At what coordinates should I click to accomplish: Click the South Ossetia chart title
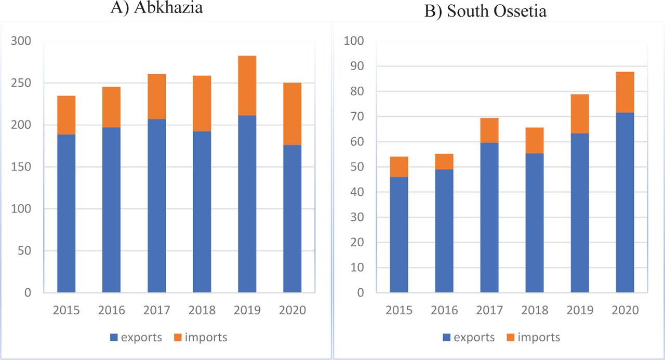(x=485, y=11)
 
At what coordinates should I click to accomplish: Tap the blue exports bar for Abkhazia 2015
(x=66, y=213)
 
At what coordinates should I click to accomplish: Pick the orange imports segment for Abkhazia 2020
(x=292, y=114)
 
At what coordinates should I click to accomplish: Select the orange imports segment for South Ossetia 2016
(x=444, y=162)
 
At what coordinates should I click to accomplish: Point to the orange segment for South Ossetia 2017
(x=489, y=130)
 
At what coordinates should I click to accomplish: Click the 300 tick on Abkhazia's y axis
(x=20, y=41)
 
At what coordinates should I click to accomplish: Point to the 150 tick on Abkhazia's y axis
(x=20, y=167)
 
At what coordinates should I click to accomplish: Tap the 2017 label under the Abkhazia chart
(x=156, y=311)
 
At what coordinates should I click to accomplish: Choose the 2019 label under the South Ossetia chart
(x=580, y=311)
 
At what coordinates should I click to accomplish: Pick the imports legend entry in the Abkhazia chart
(x=201, y=338)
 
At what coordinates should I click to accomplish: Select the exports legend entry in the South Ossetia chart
(x=468, y=338)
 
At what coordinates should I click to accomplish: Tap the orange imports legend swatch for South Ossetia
(x=510, y=338)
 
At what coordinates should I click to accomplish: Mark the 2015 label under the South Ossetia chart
(x=398, y=311)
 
